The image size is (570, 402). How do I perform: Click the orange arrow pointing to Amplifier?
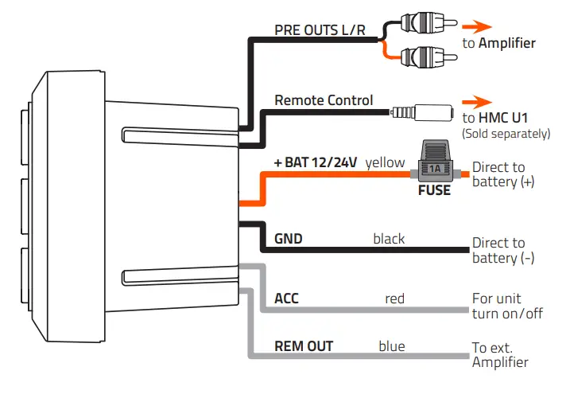click(x=479, y=25)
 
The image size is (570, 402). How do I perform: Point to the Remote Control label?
click(x=324, y=100)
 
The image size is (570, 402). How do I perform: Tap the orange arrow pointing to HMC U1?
click(x=479, y=101)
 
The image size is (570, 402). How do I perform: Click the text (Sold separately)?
click(x=506, y=134)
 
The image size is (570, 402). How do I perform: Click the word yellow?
click(x=386, y=162)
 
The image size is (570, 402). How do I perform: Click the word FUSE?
click(x=434, y=190)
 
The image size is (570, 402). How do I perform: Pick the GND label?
click(x=288, y=239)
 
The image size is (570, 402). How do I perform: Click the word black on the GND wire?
click(x=389, y=239)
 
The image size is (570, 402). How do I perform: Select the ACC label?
click(x=287, y=299)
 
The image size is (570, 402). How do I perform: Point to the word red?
click(x=394, y=299)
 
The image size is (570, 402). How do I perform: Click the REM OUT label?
click(x=304, y=346)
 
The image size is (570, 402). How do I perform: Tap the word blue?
click(x=392, y=346)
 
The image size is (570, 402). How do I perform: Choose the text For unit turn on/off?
click(x=507, y=306)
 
